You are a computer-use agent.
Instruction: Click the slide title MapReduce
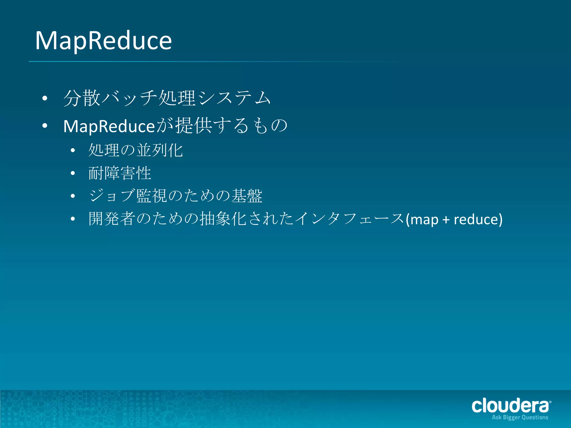[103, 41]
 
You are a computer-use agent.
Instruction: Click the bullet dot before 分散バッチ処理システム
[45, 98]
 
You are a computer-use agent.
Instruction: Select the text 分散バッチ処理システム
[167, 98]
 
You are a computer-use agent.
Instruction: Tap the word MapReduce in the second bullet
[109, 126]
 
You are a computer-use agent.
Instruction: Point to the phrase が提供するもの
[221, 125]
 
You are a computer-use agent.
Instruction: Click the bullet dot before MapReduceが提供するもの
[45, 126]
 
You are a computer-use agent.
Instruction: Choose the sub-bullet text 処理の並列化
[136, 150]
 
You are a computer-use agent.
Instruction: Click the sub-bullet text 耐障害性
[120, 173]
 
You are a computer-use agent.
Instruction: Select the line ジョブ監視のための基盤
[175, 196]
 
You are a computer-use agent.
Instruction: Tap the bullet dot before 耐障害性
[73, 173]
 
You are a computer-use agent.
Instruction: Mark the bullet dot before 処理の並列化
[73, 150]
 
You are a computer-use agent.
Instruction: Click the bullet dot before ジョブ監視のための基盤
[73, 196]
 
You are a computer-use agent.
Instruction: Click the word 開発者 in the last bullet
[112, 219]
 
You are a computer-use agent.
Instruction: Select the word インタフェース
[350, 219]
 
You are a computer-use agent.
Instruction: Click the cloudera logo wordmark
[510, 406]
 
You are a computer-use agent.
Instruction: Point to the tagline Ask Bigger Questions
[520, 417]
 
